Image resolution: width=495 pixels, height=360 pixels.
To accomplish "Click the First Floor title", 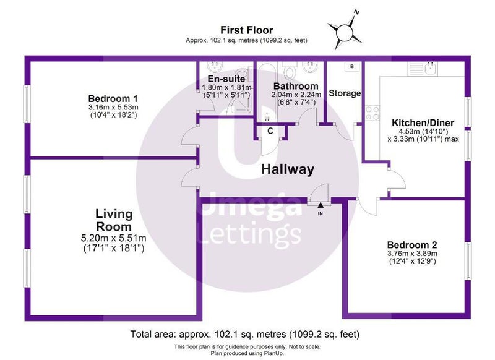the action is point(246,30).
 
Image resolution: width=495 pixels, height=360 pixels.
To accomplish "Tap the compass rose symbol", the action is point(344,32).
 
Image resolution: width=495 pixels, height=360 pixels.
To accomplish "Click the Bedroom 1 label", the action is point(113,99).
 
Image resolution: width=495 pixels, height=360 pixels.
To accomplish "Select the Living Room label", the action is point(114,220).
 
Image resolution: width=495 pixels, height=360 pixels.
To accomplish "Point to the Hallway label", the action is point(288,169).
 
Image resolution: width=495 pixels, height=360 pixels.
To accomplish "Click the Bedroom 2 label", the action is point(412,245).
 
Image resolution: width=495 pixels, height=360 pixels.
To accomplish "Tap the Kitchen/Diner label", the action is point(423,122).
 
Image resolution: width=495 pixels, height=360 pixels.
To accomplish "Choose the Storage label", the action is point(345,93).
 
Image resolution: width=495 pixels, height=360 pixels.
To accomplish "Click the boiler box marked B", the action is point(352,67).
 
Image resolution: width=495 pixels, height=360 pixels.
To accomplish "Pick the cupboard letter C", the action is point(270,131).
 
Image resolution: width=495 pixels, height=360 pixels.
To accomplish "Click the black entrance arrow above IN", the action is point(321,205).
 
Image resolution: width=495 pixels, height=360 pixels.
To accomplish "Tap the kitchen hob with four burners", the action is point(372,113).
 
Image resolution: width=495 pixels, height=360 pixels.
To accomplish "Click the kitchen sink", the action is point(431,69).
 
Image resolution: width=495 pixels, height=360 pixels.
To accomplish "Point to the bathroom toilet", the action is point(289,71).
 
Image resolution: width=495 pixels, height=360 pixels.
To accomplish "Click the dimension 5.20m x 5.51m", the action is point(114,238).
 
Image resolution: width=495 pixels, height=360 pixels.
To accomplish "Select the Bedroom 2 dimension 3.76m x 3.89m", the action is point(412,254).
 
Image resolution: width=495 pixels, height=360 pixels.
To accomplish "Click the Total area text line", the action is point(245,334).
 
